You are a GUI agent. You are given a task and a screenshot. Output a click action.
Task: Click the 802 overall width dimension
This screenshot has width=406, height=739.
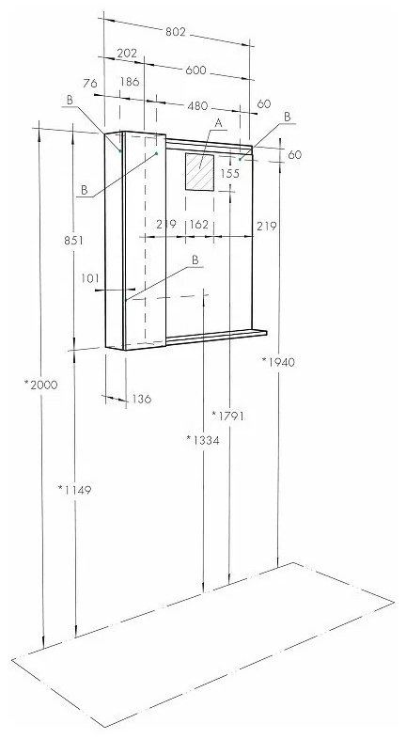[x=176, y=32]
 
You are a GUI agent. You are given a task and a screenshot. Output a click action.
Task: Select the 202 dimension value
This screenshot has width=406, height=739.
[x=127, y=54]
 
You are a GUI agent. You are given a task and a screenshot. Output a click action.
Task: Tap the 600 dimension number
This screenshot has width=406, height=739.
[x=195, y=71]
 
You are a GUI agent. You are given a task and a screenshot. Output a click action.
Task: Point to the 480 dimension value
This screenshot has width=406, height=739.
[x=197, y=106]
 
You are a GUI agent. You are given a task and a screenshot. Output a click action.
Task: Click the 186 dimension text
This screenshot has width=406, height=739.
[x=130, y=82]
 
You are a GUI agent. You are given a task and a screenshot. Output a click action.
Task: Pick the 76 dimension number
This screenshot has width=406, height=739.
[x=90, y=84]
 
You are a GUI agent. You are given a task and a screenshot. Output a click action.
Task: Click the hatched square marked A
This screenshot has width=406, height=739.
[x=199, y=172]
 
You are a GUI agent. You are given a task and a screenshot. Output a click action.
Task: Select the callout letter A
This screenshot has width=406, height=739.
[x=218, y=123]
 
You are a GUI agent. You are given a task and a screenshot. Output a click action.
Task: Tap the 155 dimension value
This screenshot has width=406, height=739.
[x=230, y=173]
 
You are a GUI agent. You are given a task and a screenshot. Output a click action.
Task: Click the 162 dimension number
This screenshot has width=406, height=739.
[x=198, y=225]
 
